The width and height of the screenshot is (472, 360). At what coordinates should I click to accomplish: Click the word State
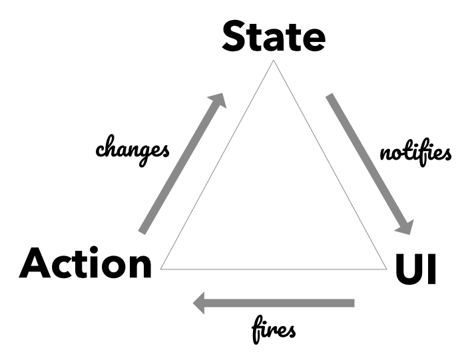273,37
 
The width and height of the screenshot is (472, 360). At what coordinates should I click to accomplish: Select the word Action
86,264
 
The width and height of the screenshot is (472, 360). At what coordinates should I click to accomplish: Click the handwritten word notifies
415,154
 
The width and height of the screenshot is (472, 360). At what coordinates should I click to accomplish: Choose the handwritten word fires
274,329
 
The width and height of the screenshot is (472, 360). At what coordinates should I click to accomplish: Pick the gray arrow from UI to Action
273,304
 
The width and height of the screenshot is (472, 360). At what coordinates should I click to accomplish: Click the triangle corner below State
273,61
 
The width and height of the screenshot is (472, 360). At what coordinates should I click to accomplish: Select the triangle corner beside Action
162,269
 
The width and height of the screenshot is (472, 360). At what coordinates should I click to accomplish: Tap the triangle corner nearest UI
386,269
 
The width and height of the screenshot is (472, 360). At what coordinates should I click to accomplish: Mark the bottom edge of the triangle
273,269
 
